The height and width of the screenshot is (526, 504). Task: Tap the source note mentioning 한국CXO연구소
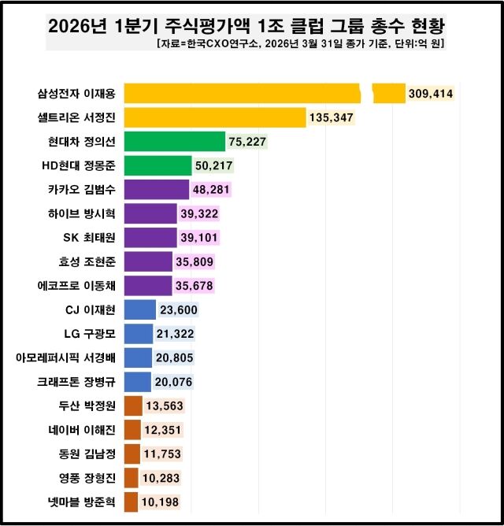click(x=301, y=44)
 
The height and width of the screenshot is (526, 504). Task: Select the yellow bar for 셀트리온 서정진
click(x=215, y=118)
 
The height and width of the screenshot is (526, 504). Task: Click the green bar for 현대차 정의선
click(x=175, y=142)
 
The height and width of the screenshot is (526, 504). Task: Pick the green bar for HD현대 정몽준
click(x=157, y=165)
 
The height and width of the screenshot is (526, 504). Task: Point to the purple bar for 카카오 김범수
click(x=157, y=190)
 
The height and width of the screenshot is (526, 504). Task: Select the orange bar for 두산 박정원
click(x=133, y=406)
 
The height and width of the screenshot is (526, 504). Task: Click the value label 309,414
click(x=431, y=94)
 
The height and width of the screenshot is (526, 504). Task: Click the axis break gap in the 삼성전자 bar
click(x=366, y=94)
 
